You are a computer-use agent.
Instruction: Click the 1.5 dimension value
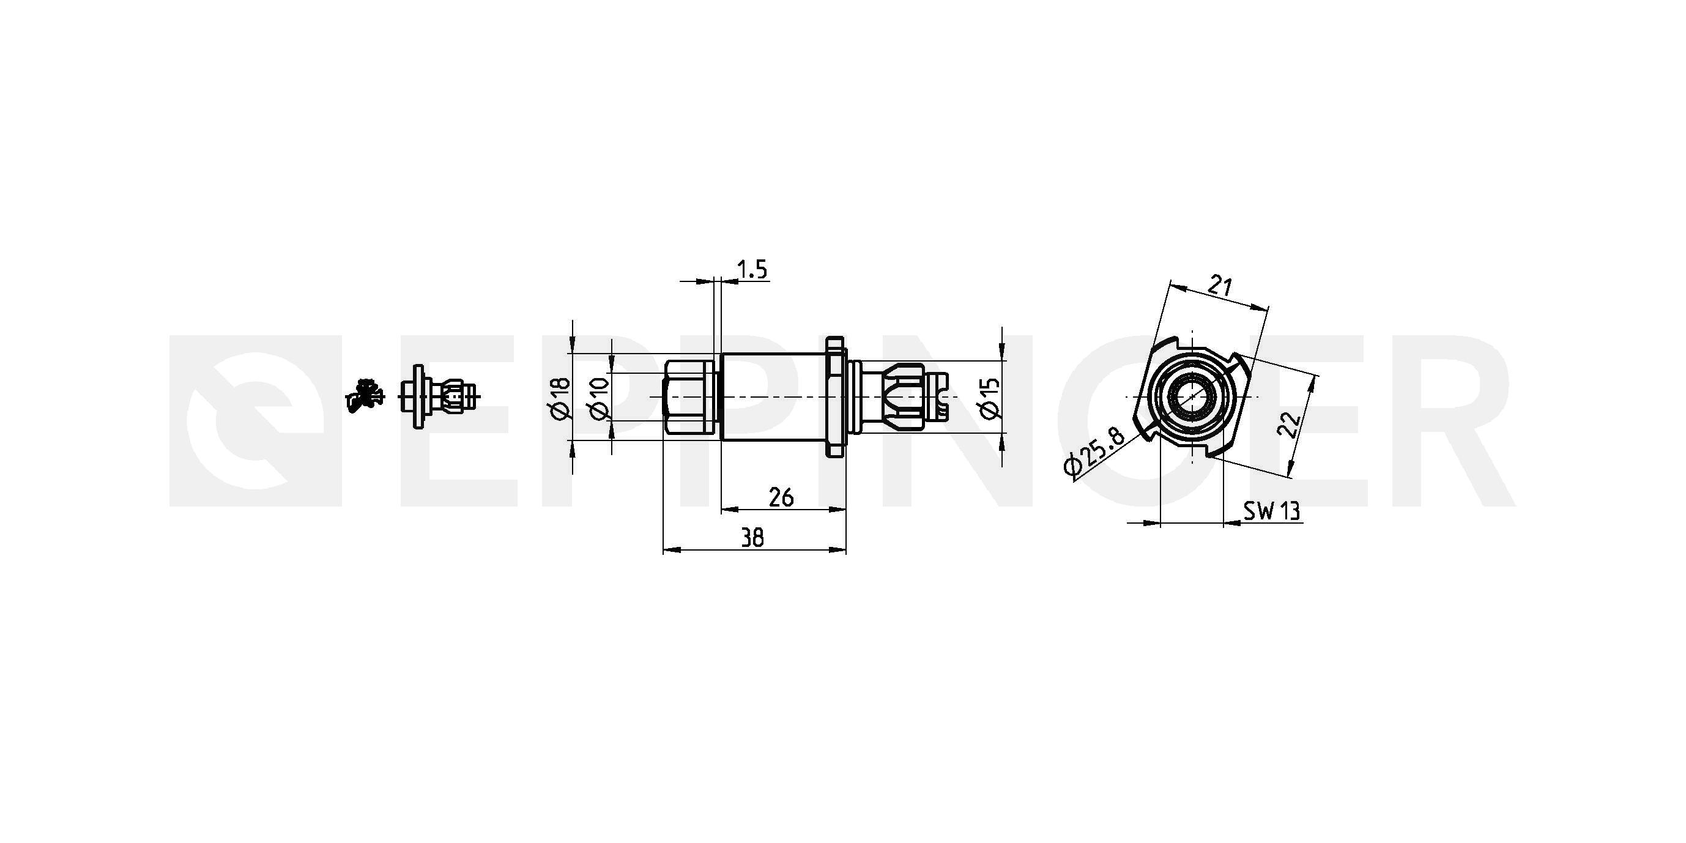752,270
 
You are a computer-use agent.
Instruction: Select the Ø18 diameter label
561,398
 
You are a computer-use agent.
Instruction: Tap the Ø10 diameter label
600,398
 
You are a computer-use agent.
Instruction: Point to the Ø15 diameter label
990,398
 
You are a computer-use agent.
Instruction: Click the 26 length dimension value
781,497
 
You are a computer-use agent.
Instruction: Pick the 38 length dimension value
752,538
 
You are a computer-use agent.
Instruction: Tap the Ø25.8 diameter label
1094,452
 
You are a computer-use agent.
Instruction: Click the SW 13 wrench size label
1272,511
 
